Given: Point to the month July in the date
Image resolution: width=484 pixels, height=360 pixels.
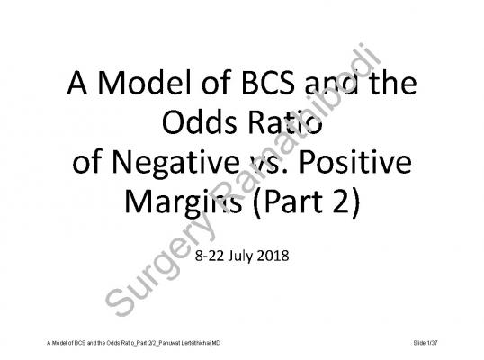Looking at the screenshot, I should (240, 256).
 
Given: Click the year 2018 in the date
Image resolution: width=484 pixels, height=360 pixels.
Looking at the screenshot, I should (273, 256).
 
